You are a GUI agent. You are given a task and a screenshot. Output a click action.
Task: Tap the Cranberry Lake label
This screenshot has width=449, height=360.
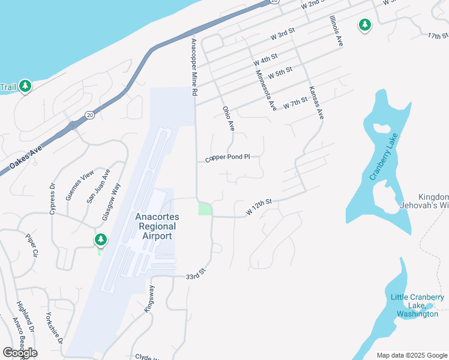click(384, 157)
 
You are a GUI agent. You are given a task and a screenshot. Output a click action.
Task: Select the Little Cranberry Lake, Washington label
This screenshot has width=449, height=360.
click(417, 305)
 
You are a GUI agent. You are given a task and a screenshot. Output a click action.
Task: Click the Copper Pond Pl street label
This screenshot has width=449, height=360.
click(227, 158)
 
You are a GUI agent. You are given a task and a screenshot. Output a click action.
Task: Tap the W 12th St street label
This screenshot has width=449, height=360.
click(259, 209)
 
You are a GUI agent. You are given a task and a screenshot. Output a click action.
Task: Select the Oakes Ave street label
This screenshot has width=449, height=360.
click(26, 157)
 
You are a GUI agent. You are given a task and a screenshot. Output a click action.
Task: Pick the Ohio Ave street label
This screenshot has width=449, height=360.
click(228, 118)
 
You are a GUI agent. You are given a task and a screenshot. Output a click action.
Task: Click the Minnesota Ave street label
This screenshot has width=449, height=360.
click(265, 91)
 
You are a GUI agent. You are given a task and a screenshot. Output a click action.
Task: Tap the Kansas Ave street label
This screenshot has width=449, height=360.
click(316, 102)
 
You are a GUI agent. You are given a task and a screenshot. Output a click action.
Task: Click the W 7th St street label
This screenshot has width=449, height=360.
click(295, 103)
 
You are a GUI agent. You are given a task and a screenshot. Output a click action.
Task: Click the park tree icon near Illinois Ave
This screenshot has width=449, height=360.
click(364, 25)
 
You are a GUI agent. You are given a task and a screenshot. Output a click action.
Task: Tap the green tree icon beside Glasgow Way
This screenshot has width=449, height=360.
click(100, 241)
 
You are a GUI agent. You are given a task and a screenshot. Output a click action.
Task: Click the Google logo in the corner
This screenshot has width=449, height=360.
click(20, 353)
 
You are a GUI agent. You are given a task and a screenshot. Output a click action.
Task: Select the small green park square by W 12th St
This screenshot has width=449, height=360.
click(205, 209)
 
